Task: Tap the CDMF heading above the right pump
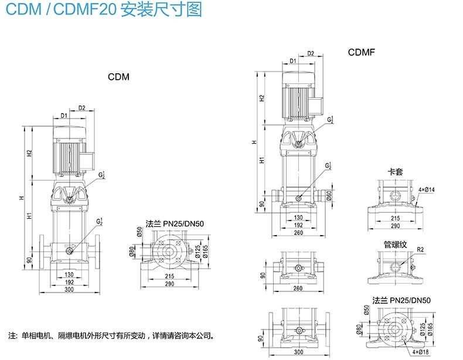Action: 361,53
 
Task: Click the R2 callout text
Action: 420,250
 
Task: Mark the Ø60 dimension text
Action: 329,195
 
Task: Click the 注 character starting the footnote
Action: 12,337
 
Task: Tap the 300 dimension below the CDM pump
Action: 69,290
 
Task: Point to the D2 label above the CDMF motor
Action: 311,54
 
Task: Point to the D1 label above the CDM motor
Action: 64,116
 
